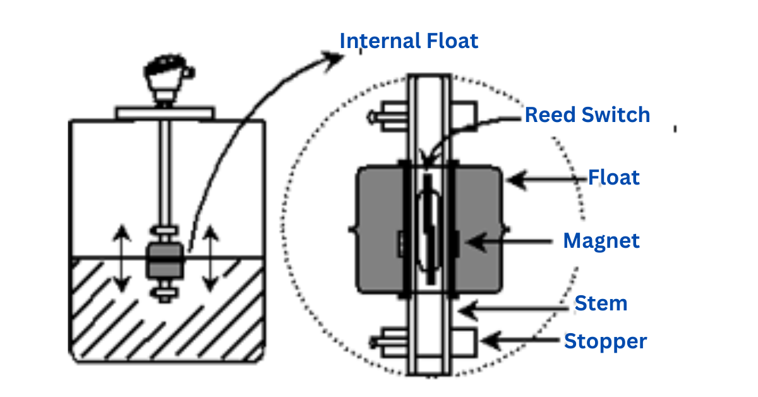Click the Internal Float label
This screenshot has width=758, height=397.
coord(409,41)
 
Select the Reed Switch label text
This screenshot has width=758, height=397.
coord(587,115)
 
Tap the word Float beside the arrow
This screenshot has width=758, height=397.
coord(613,178)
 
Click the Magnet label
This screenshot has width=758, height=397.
coord(601,241)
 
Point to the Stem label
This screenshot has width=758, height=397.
coord(600,303)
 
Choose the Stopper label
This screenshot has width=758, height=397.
coord(605,341)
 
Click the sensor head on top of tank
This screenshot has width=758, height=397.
coord(164,79)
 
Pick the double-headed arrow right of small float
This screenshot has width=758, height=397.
coord(210,260)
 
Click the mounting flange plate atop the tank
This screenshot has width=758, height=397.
coord(164,113)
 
